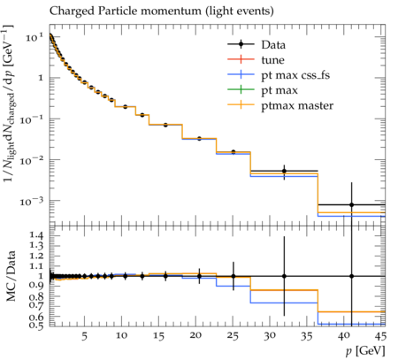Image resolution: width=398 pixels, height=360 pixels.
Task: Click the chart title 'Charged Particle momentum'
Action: coord(126,11)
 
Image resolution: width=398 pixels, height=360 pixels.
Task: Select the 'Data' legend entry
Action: coord(273,45)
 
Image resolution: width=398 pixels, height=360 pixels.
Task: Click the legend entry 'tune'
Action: coord(272,60)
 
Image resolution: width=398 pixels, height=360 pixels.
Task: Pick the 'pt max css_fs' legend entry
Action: coord(295,75)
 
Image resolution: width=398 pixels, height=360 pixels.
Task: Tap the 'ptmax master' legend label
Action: coord(297,106)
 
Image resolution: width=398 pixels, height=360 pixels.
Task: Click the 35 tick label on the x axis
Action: coord(307,335)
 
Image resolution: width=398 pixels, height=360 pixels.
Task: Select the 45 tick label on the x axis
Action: coord(380,335)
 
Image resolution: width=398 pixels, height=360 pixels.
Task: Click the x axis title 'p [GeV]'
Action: coord(365,351)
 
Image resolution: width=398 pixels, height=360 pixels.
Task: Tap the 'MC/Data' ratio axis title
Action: coord(11,276)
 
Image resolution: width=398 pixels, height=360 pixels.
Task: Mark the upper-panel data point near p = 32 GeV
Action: coord(284,171)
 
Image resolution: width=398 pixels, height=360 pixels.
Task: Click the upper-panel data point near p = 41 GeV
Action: coord(351,204)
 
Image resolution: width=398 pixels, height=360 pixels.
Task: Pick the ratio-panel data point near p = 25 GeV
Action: coord(233,276)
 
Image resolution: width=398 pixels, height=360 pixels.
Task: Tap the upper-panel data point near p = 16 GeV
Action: coord(165,125)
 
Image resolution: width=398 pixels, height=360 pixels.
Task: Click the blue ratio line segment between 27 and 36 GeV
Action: coord(284,303)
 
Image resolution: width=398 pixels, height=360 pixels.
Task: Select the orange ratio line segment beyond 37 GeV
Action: coord(351,311)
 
